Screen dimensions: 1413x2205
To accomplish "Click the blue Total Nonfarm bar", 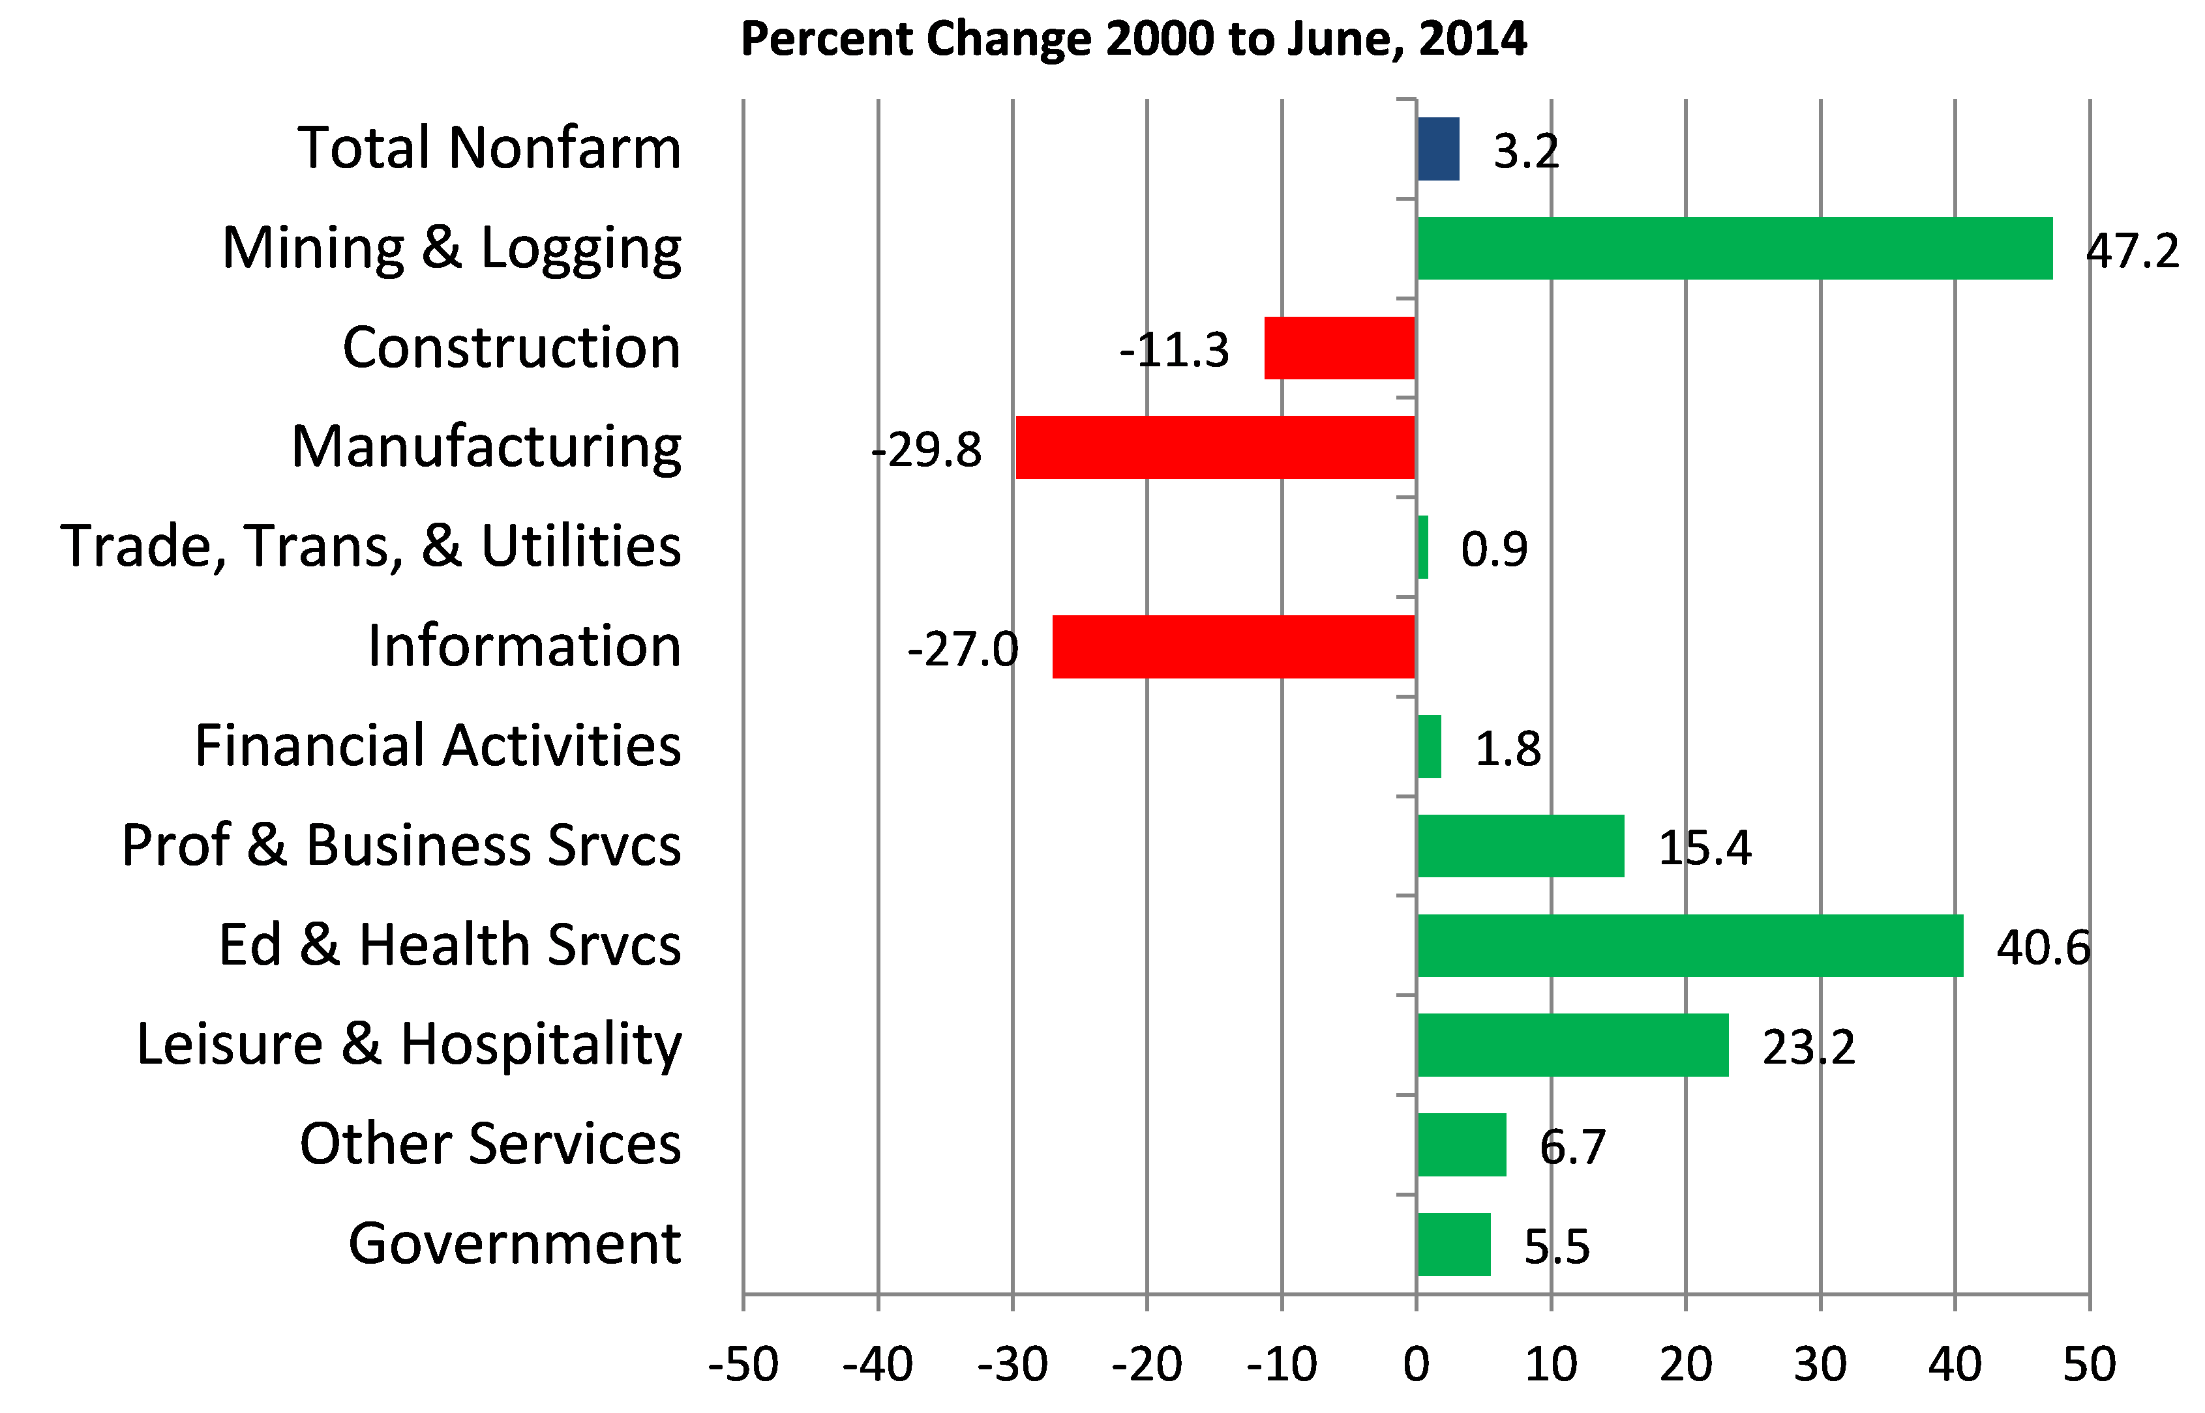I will [1437, 149].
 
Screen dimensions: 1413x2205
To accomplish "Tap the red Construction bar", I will [1340, 348].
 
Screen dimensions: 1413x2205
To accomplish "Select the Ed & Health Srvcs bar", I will [1689, 945].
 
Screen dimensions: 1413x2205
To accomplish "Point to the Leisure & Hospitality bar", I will [1572, 1045].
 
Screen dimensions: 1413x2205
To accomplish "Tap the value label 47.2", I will [2131, 250].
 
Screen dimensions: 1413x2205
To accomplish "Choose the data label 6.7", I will [1572, 1146].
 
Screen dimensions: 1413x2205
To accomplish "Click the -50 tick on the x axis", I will [743, 1364].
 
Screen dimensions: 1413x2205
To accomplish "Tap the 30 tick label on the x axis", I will [1820, 1364].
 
